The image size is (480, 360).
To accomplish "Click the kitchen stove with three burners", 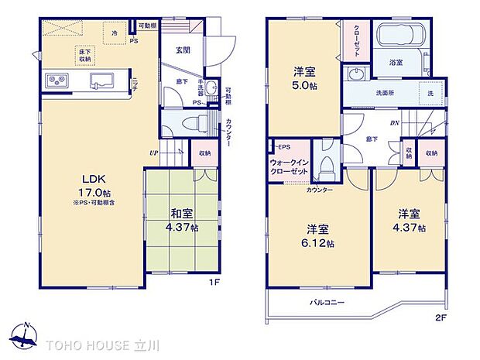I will pos(57,80).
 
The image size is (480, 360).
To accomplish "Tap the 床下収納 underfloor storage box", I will pos(84,54).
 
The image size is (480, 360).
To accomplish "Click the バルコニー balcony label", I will pos(327,303).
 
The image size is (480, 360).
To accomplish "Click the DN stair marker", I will pos(393,123).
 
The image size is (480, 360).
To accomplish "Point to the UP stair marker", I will pos(154,153).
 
